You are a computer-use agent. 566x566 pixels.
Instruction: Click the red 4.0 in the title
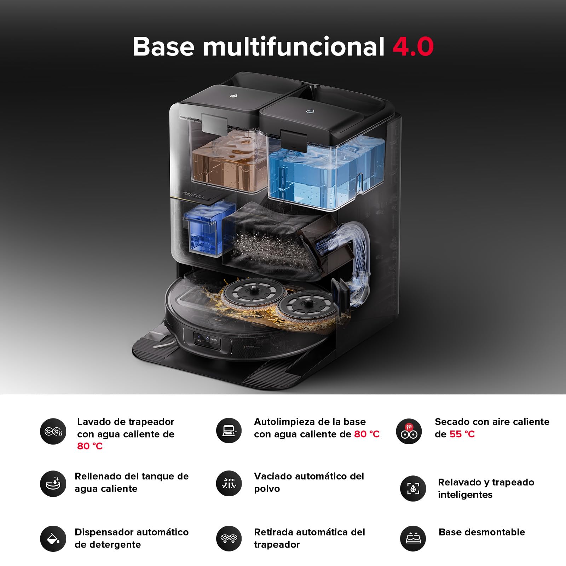coord(413,46)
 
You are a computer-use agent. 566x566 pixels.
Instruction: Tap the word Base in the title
coord(163,46)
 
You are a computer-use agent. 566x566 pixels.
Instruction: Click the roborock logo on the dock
coord(193,195)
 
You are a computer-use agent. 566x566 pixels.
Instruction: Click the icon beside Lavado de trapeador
coord(53,431)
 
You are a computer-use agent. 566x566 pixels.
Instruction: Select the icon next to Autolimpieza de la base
coord(229,431)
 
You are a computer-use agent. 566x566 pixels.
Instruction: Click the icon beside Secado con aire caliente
coord(409,431)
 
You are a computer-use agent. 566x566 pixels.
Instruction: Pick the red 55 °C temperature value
coord(462,434)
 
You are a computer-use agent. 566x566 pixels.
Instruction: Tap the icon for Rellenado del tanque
coord(53,484)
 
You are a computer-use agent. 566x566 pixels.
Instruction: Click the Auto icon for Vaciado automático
coord(229,483)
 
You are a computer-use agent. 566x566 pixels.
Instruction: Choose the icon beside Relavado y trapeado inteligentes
coord(413,489)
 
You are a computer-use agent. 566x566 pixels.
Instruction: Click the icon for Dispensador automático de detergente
coord(53,539)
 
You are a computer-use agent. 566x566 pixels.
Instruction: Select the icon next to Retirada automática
coord(229,538)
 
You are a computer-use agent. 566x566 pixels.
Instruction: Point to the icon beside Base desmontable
coord(413,538)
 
